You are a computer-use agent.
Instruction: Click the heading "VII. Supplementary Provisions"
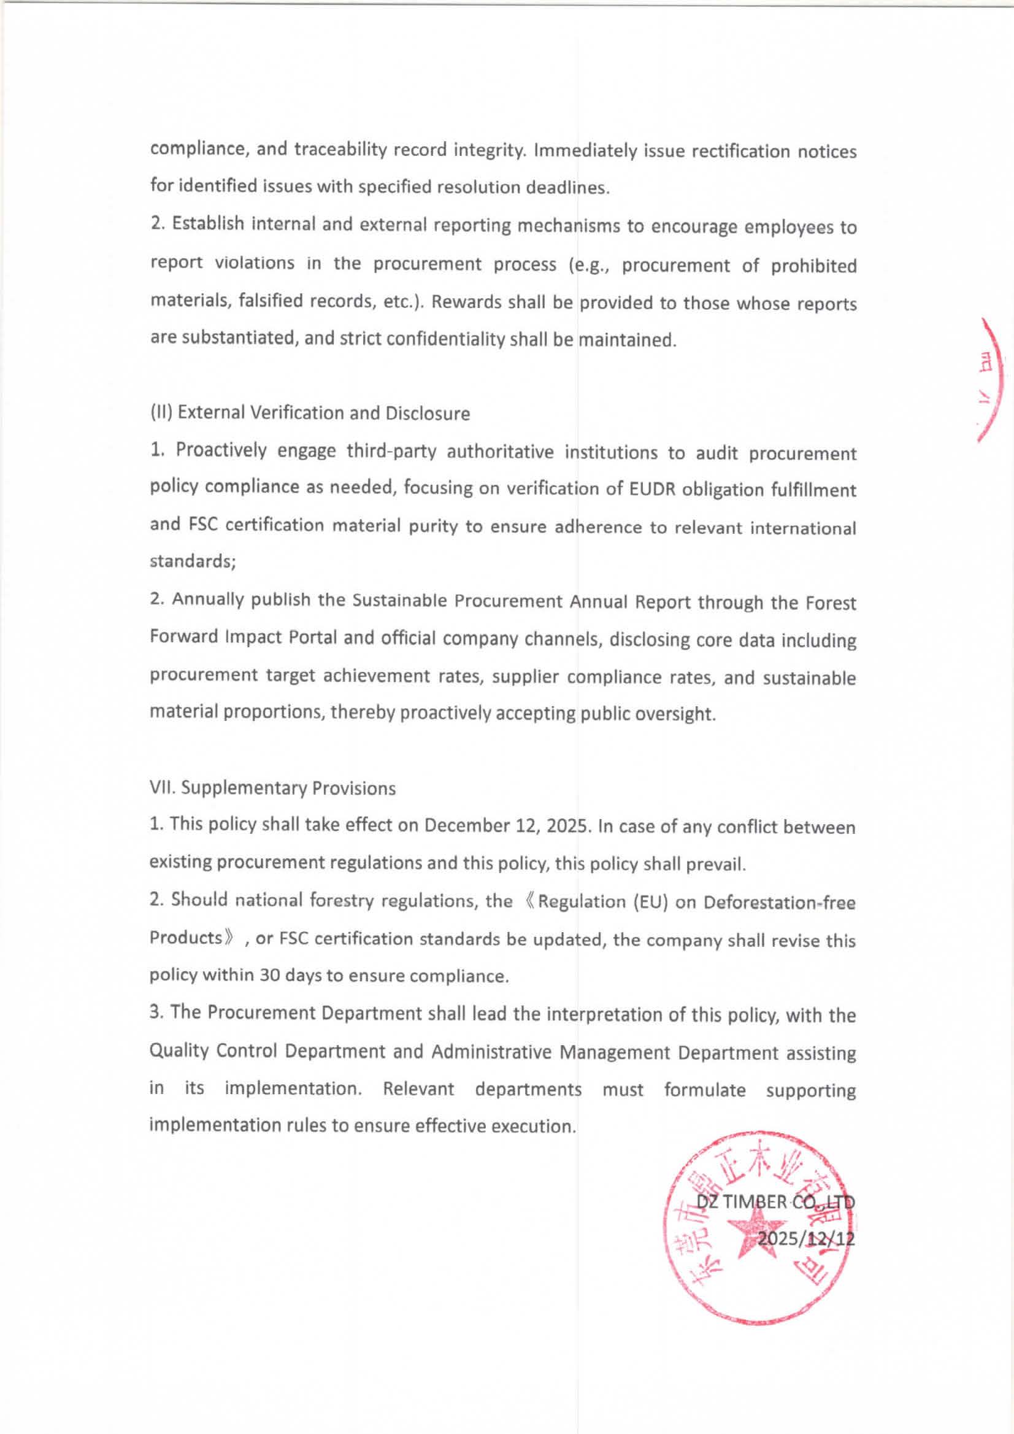(x=272, y=788)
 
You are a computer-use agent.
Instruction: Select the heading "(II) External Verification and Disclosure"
(x=310, y=413)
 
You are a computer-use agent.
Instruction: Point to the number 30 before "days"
(x=269, y=976)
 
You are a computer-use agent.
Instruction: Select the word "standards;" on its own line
(x=193, y=561)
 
